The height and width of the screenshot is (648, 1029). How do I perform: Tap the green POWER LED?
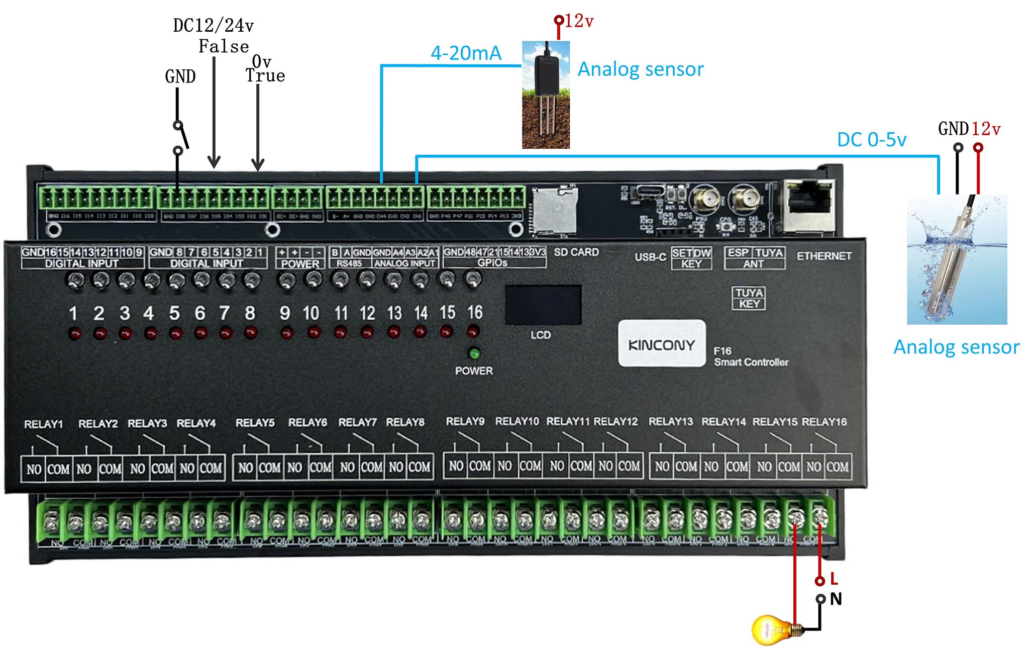(x=473, y=353)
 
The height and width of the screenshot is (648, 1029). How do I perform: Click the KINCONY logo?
(x=661, y=344)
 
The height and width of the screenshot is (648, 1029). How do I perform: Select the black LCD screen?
(x=543, y=305)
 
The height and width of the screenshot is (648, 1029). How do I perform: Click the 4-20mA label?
(x=466, y=53)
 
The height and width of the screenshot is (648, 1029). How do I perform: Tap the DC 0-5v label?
(x=871, y=140)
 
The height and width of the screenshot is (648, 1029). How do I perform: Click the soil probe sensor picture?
(x=546, y=95)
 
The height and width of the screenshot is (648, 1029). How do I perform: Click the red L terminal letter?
(x=834, y=579)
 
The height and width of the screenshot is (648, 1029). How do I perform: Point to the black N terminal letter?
(x=836, y=599)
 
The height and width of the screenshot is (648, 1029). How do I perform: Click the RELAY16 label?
(x=824, y=422)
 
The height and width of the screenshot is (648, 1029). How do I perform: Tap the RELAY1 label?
(x=44, y=424)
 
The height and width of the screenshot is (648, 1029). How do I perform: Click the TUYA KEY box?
(x=749, y=298)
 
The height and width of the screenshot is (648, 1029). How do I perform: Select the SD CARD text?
(x=576, y=252)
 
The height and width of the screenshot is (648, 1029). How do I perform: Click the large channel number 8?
(x=250, y=313)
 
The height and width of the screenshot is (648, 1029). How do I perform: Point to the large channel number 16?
(x=475, y=312)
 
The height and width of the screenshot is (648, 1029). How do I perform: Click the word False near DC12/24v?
(x=224, y=47)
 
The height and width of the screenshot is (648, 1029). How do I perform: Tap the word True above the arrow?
(x=265, y=76)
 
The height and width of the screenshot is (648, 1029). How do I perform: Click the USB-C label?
(x=650, y=257)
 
